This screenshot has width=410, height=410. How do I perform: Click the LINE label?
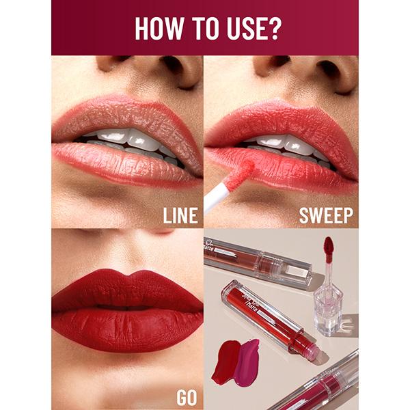[x=180, y=216]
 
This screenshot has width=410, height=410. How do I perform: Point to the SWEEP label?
[x=326, y=216]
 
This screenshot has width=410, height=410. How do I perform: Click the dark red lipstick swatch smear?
[x=225, y=361]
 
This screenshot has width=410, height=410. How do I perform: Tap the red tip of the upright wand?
[x=328, y=247]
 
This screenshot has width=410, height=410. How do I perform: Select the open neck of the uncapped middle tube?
[x=311, y=353]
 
